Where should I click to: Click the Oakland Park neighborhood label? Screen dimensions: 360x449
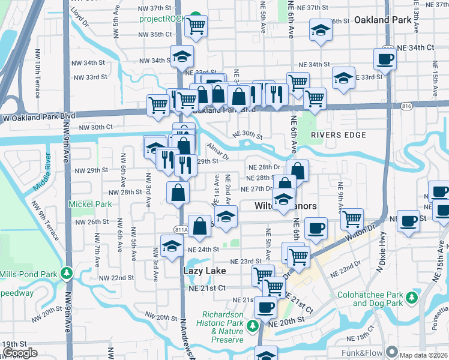pyautogui.click(x=382, y=20)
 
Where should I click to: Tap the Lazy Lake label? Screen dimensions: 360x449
pyautogui.click(x=204, y=271)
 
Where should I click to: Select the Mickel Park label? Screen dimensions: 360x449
pyautogui.click(x=90, y=204)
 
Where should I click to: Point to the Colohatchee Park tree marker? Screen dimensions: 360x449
pyautogui.click(x=411, y=298)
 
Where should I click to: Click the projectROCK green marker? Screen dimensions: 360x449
pyautogui.click(x=196, y=17)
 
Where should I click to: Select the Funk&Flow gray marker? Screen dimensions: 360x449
pyautogui.click(x=392, y=352)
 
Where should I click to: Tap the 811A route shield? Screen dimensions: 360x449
pyautogui.click(x=181, y=229)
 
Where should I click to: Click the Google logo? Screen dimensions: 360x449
pyautogui.click(x=20, y=353)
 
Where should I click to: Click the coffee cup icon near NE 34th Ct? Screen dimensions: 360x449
pyautogui.click(x=384, y=59)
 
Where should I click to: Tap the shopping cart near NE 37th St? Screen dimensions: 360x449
pyautogui.click(x=195, y=26)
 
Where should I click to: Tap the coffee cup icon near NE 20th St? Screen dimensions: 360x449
pyautogui.click(x=265, y=308)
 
